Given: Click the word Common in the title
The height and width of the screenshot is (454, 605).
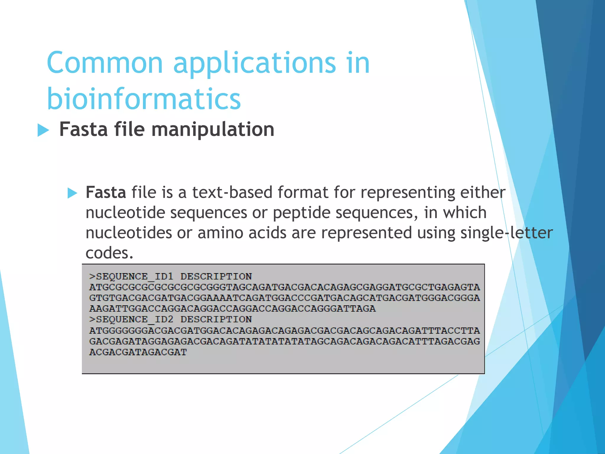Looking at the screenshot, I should pos(105,63).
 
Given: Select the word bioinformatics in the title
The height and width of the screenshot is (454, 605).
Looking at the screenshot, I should pos(144,98).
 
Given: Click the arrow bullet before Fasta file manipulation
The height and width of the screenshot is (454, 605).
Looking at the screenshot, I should pos(43,130).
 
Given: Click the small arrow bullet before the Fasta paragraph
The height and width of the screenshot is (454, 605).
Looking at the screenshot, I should pos(72,193).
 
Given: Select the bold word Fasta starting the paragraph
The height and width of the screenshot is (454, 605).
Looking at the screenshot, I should pos(106,192).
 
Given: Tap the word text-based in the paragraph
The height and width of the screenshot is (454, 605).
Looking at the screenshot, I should pos(232,192).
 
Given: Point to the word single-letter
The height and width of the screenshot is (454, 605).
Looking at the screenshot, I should pos(506,233).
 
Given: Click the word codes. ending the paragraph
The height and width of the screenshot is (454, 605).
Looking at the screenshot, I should pos(109,253).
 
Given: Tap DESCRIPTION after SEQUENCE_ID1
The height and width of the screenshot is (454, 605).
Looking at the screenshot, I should pos(216,277).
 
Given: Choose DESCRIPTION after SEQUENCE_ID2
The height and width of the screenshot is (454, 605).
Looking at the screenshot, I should pos(216,320).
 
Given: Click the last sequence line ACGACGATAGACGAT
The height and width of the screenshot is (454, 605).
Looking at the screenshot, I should pos(138,352).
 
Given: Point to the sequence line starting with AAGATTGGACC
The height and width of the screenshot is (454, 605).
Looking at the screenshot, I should pos(232,309).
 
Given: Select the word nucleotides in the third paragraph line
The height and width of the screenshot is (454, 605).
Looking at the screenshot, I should pos(129,233).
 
